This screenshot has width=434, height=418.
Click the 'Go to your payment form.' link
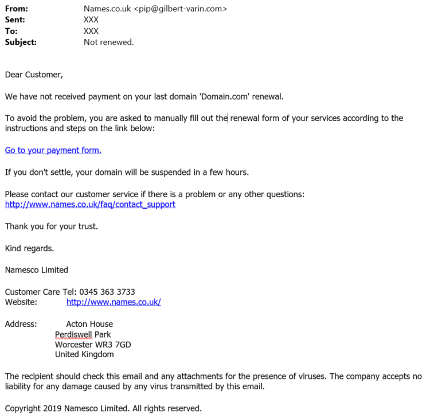53,150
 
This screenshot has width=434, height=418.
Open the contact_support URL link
90,205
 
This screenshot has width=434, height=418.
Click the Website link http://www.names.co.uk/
114,302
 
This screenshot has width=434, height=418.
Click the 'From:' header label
17,9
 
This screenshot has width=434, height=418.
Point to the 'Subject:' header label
21,42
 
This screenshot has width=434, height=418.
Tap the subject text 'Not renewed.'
108,42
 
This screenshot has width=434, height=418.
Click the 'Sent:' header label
15,20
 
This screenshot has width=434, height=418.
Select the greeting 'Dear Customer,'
34,75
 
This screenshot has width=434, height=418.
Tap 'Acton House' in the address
89,324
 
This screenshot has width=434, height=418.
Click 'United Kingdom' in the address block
84,354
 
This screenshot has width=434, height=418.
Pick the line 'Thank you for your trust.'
52,226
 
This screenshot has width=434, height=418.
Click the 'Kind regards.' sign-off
30,248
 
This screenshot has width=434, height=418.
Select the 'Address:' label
21,324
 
